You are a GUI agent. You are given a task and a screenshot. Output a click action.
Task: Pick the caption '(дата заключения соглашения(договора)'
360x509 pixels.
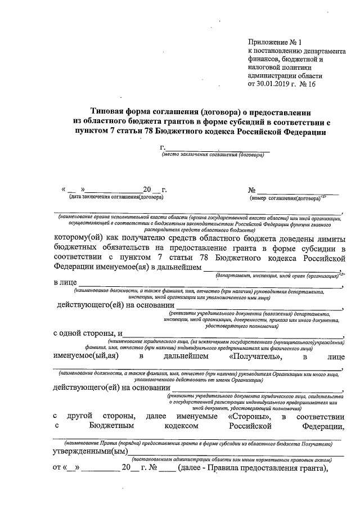(x=116, y=197)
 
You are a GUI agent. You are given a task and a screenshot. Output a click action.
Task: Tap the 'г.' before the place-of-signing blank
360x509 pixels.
(x=163, y=147)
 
